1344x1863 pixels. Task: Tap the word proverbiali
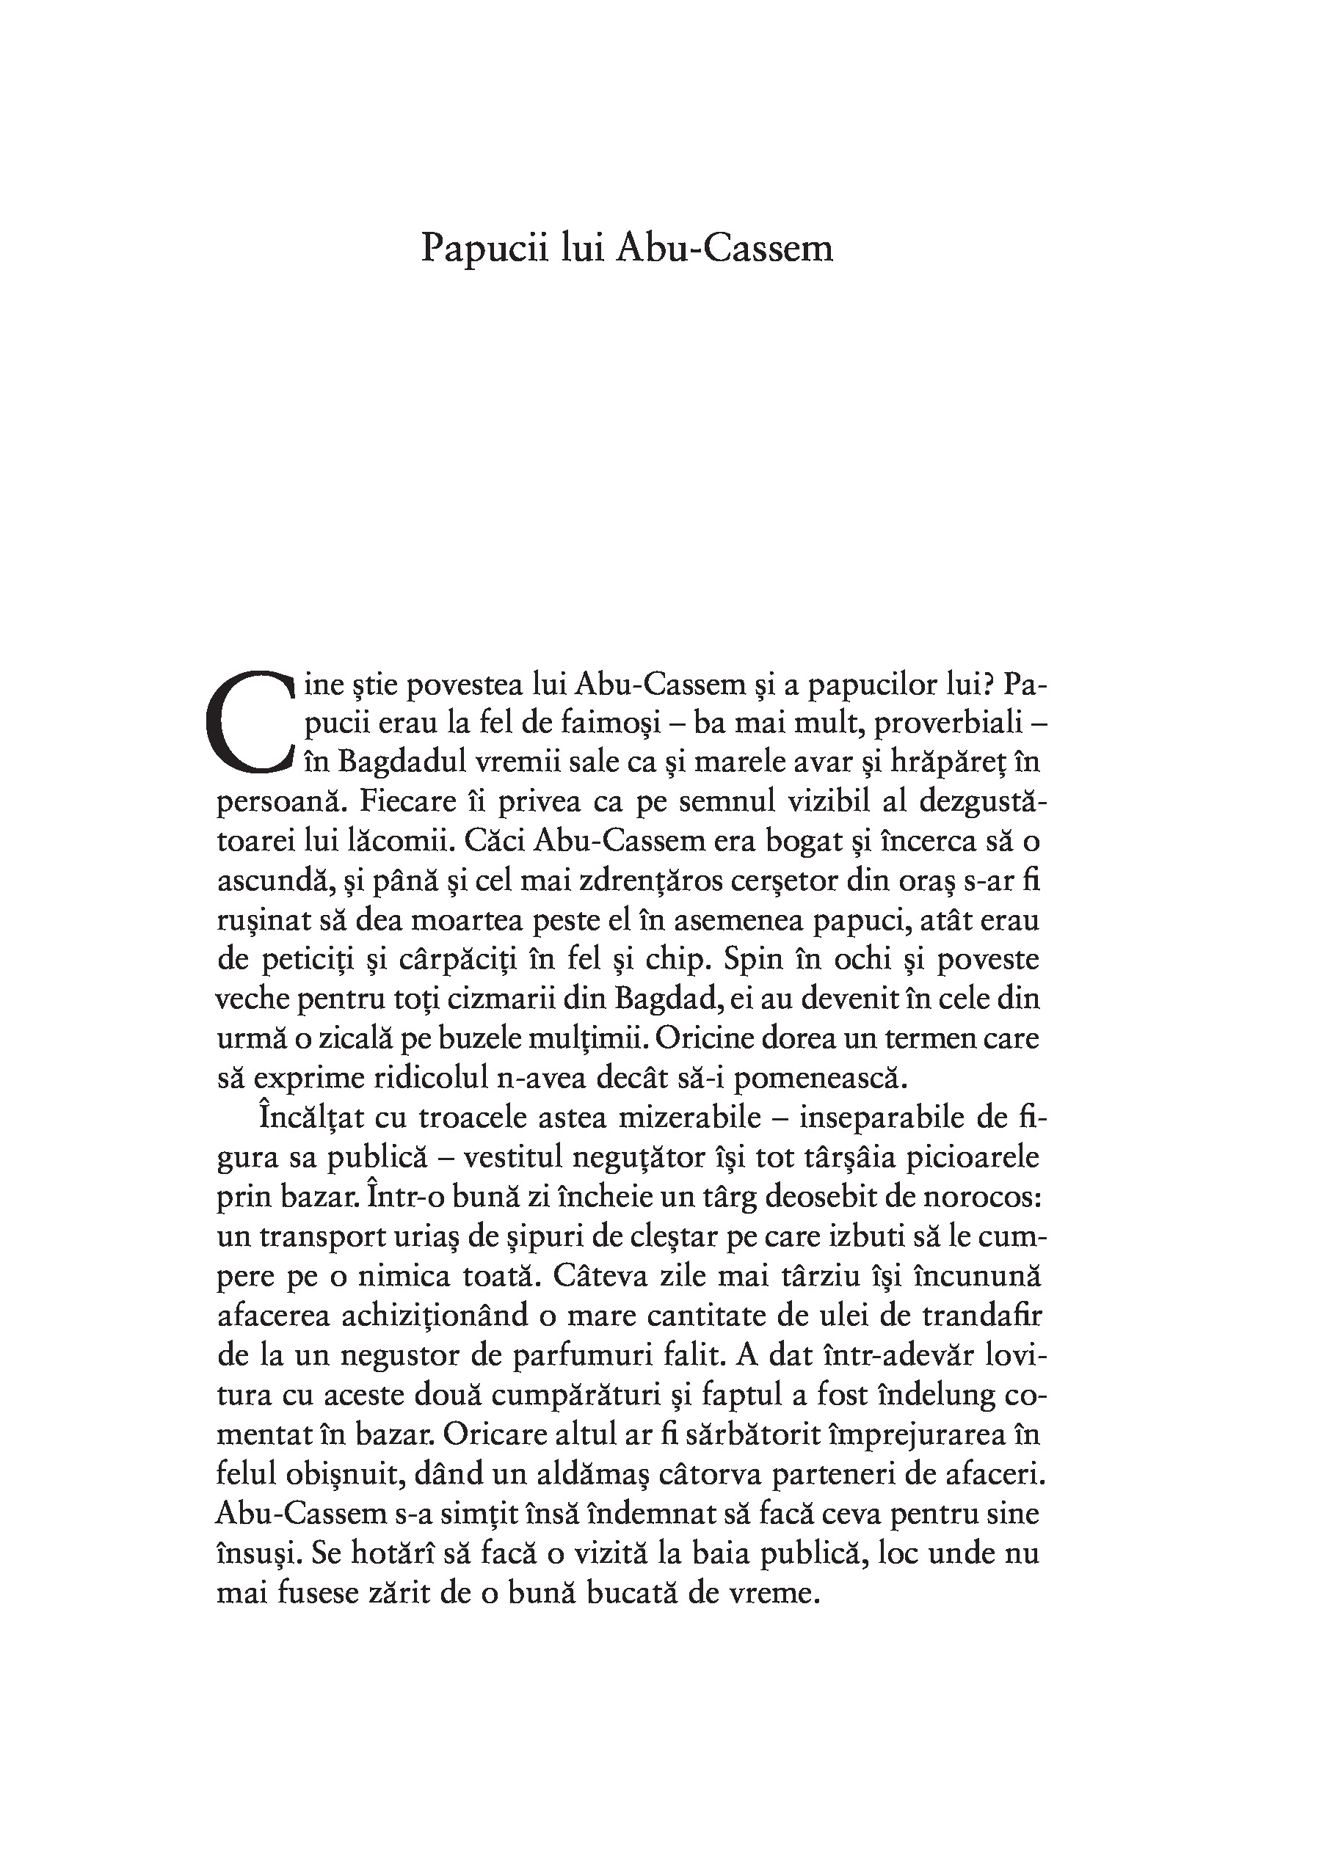[949, 723]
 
